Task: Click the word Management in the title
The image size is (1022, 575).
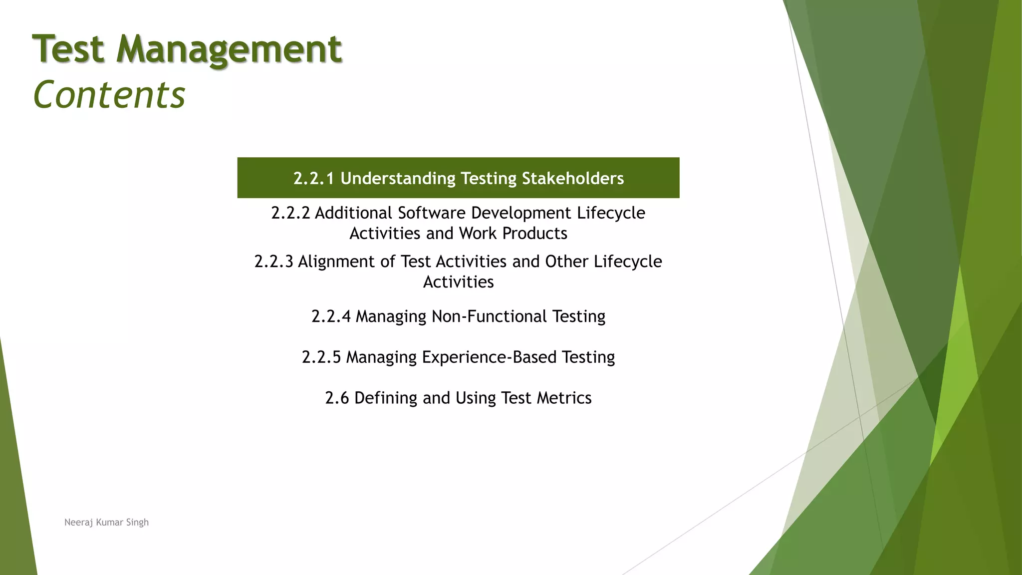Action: pos(229,50)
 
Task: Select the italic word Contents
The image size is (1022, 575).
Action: pos(109,95)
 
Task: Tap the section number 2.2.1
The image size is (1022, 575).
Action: pos(313,178)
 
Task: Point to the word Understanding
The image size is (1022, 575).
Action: pos(398,178)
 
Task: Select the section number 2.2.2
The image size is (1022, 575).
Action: pos(290,213)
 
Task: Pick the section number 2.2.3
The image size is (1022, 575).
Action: pos(273,262)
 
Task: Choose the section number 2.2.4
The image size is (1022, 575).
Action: pos(331,316)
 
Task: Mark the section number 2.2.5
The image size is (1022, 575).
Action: pos(321,357)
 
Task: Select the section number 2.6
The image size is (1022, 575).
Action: pos(337,398)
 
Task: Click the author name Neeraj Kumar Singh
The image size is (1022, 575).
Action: pos(106,522)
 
